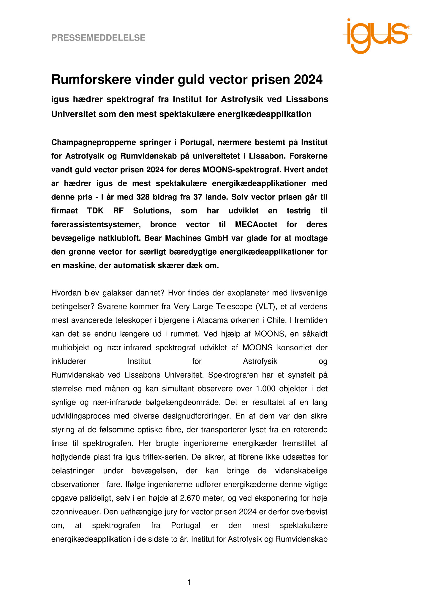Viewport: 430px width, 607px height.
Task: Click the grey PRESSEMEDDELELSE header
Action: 98,38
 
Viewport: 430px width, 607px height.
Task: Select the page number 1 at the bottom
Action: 189,583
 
